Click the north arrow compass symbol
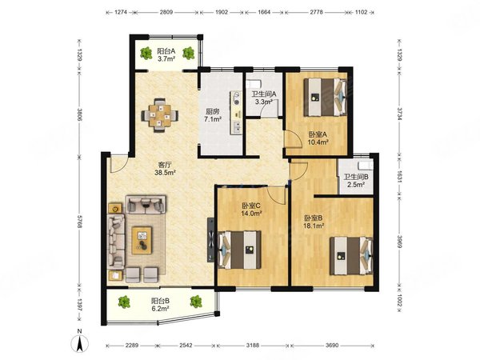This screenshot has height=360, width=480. [x=79, y=341]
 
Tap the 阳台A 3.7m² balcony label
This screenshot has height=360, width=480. [x=166, y=54]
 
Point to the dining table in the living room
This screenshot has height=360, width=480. [x=159, y=115]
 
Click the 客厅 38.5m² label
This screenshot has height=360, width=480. [x=165, y=168]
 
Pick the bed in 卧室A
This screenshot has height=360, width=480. [x=326, y=97]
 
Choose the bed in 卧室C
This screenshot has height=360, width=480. [x=239, y=250]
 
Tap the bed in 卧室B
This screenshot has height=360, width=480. [x=351, y=256]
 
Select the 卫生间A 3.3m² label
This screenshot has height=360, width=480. [x=264, y=98]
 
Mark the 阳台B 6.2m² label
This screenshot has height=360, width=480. [x=161, y=304]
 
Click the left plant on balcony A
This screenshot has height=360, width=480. [x=146, y=53]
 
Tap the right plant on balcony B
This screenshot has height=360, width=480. [x=196, y=302]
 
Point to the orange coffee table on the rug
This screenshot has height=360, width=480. [x=142, y=240]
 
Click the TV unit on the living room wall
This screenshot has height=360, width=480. [x=211, y=239]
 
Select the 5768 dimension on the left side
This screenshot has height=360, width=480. [x=79, y=222]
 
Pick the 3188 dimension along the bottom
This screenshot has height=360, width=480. [x=253, y=346]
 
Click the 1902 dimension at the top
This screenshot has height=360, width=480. [x=222, y=12]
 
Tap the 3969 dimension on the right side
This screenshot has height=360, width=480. [x=399, y=238]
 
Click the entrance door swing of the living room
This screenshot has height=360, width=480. [x=118, y=164]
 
